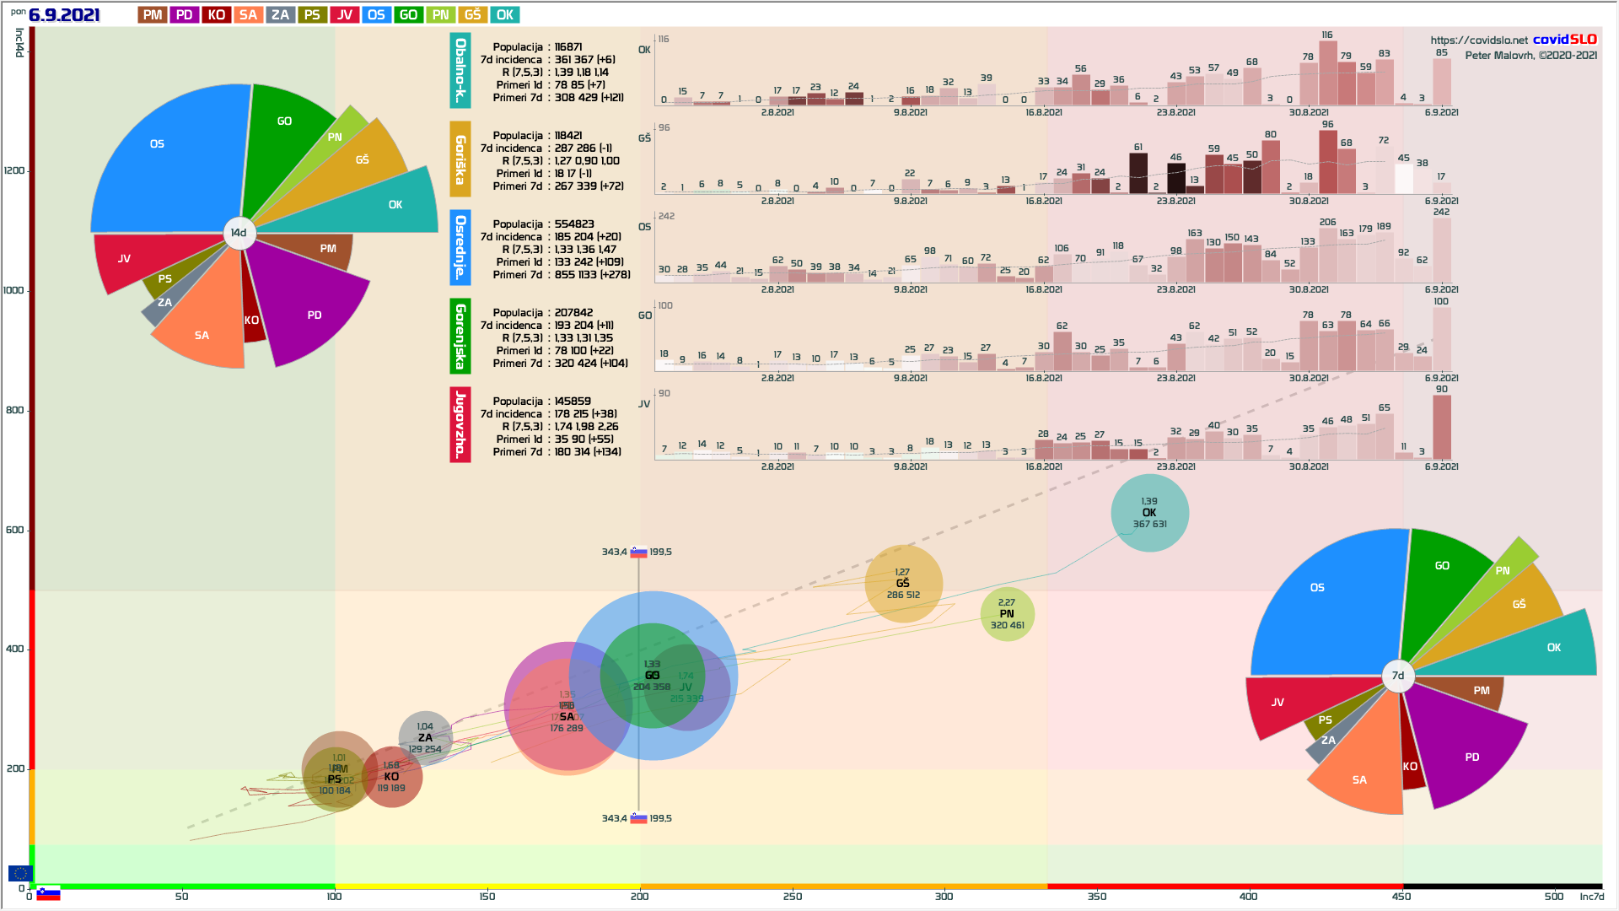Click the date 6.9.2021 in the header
(64, 15)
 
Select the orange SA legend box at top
(248, 15)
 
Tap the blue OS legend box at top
(376, 15)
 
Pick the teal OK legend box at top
(504, 15)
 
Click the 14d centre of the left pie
(239, 233)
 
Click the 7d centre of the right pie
(1398, 676)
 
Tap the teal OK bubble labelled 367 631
(1149, 513)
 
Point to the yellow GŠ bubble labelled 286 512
(903, 584)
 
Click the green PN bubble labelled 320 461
(1007, 614)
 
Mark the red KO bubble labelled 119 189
(391, 777)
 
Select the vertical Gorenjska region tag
(460, 336)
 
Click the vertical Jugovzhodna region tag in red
(460, 424)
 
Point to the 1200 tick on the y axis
(15, 170)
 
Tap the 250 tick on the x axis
(792, 896)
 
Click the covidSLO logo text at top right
(1564, 40)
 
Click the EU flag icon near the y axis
(20, 873)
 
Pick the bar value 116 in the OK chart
(1327, 35)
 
